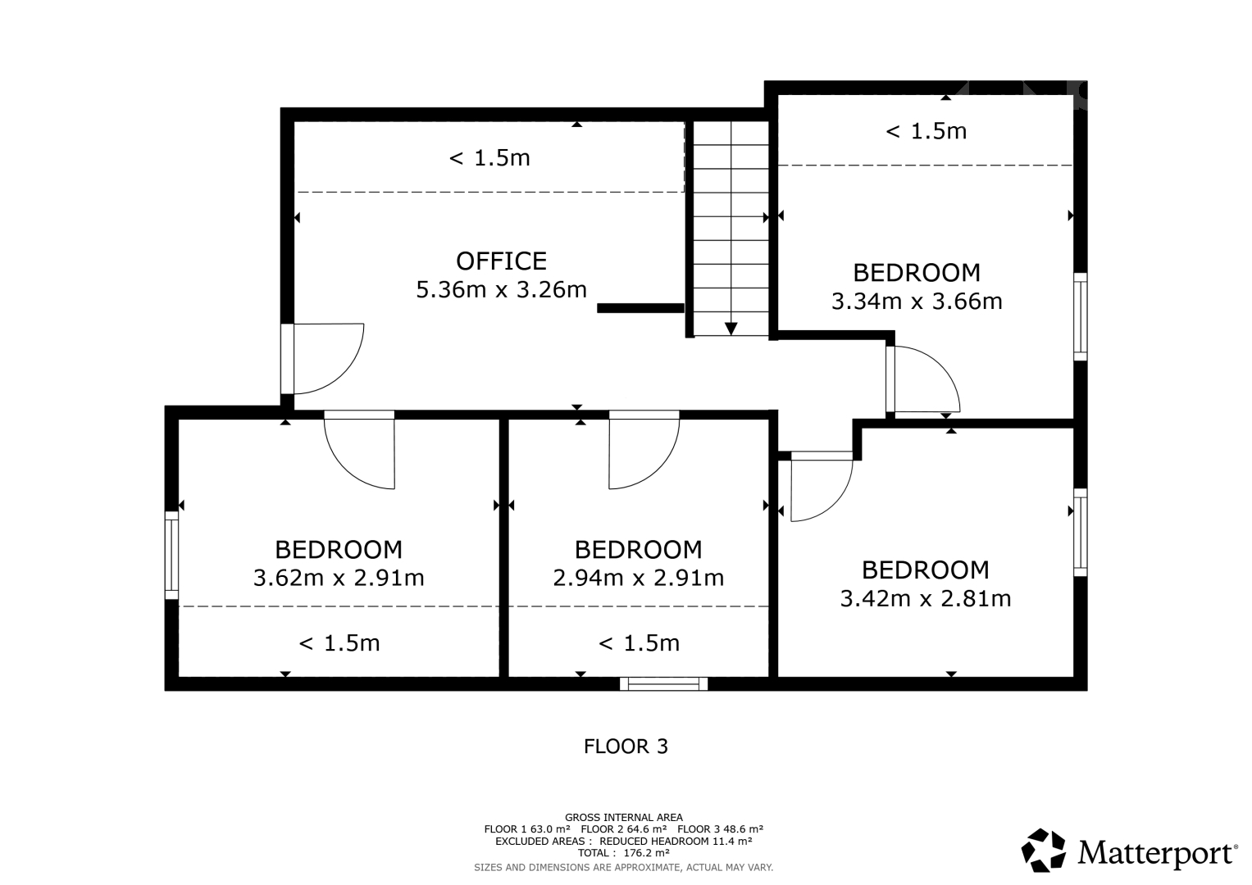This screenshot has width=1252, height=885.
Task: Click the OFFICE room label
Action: point(501,261)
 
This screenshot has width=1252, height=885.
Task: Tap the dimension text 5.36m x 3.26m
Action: point(501,289)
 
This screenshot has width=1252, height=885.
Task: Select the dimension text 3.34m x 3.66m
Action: point(917,302)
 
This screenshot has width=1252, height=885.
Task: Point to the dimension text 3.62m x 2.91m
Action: point(339,578)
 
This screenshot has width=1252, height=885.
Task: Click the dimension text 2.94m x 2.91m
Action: point(638,578)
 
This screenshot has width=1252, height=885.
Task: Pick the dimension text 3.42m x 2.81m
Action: point(926,598)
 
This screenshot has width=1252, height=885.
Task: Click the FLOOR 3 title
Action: point(626,747)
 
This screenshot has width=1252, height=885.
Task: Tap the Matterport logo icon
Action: point(1043,850)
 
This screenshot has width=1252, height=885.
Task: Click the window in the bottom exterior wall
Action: point(663,684)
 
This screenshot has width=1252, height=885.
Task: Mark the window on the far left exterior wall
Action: point(171,556)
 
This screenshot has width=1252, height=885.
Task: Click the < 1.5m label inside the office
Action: point(489,158)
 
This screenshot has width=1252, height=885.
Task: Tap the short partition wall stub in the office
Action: point(640,308)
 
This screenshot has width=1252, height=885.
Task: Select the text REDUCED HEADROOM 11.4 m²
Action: point(676,841)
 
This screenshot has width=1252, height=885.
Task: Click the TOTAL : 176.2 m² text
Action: point(624,852)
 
